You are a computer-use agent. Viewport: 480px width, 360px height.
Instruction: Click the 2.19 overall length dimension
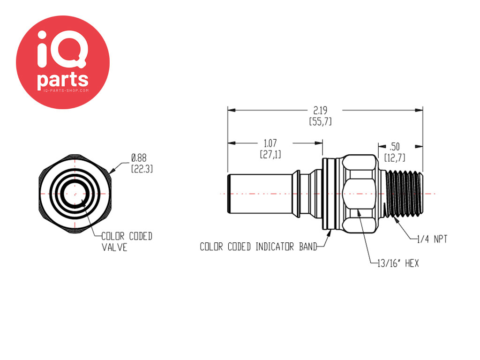pyautogui.click(x=320, y=110)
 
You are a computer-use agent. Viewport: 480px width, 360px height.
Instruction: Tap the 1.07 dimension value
pyautogui.click(x=270, y=143)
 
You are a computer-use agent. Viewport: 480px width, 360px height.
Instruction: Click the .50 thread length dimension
pyautogui.click(x=395, y=147)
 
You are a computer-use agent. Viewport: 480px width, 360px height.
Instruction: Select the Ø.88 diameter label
pyautogui.click(x=139, y=158)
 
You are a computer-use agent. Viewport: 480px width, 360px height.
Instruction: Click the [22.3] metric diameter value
pyautogui.click(x=142, y=169)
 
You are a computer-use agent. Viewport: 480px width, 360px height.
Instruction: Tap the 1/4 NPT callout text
pyautogui.click(x=432, y=239)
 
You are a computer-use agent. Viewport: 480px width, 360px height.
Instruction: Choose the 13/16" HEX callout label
pyautogui.click(x=398, y=263)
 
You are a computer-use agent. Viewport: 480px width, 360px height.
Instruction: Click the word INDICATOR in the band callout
pyautogui.click(x=275, y=247)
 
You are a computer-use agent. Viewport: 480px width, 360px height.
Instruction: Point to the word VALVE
pyautogui.click(x=114, y=247)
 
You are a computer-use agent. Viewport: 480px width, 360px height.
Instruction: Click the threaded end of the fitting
pyautogui.click(x=404, y=194)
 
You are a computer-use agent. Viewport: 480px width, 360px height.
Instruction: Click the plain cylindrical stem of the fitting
pyautogui.click(x=260, y=194)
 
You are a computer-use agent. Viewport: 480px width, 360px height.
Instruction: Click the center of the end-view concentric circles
pyautogui.click(x=75, y=194)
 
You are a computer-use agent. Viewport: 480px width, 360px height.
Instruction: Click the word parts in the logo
pyautogui.click(x=63, y=80)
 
